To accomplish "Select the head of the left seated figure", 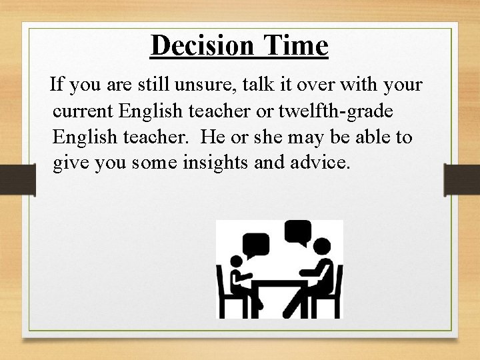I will (x=237, y=263).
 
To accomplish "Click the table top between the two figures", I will (x=279, y=282).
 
